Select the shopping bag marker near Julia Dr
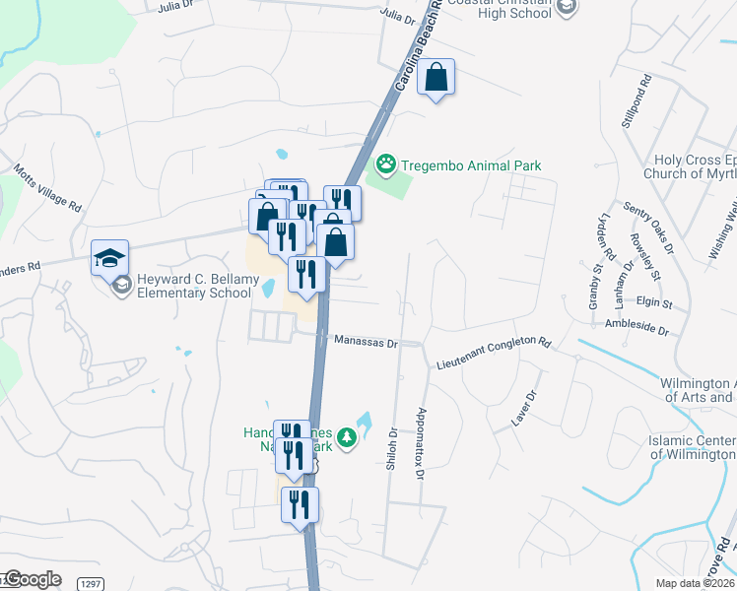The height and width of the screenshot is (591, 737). (x=435, y=79)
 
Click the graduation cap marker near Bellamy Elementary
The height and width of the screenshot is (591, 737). (x=109, y=259)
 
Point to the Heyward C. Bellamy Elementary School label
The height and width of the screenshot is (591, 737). (x=194, y=286)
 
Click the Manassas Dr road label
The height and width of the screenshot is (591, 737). (x=365, y=343)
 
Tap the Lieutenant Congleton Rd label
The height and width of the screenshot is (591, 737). (x=494, y=353)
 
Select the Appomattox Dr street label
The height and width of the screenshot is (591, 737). (x=421, y=443)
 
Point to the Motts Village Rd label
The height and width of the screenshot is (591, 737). (x=47, y=189)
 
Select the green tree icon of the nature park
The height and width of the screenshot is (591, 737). (x=346, y=437)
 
